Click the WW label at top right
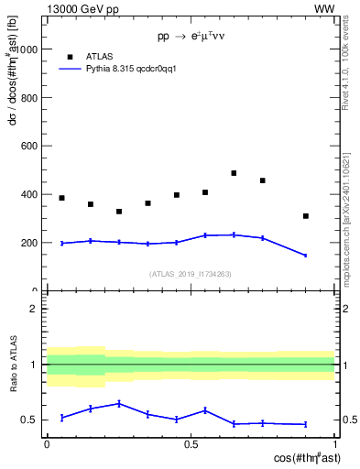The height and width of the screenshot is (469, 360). pyautogui.click(x=323, y=8)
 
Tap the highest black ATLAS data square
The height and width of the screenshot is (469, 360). pyautogui.click(x=234, y=173)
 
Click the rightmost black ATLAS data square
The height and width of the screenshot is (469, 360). pyautogui.click(x=306, y=216)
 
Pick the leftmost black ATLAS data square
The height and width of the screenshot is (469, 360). pyautogui.click(x=61, y=198)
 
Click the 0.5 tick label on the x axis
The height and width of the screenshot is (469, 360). pyautogui.click(x=191, y=443)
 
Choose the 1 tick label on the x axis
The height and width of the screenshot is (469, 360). pyautogui.click(x=334, y=443)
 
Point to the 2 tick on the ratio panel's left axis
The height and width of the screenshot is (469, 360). pyautogui.click(x=37, y=309)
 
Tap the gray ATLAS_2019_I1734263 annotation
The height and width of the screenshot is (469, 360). pyautogui.click(x=191, y=273)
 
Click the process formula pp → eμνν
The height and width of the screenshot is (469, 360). pyautogui.click(x=191, y=38)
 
